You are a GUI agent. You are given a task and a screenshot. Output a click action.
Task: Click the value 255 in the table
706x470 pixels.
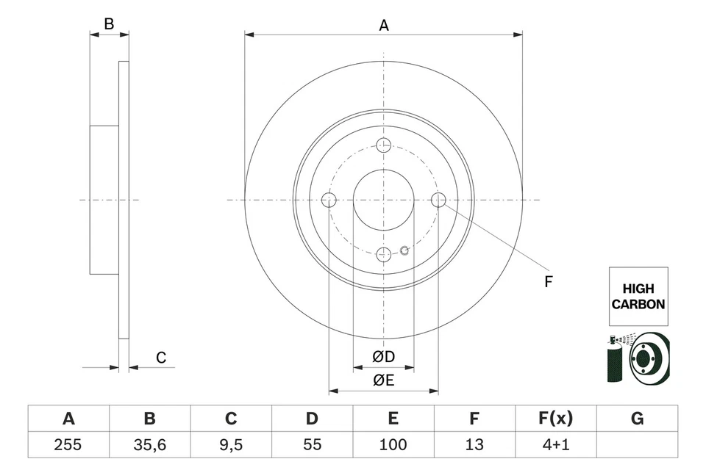coord(68,444)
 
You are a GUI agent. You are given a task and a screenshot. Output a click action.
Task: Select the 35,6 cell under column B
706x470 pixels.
coord(149,444)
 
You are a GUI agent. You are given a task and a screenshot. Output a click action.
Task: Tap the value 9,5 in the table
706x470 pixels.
coord(231,444)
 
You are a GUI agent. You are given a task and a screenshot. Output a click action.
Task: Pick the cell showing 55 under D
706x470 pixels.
coord(312,444)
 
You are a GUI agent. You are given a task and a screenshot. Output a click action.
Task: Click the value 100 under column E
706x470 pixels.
coord(393,444)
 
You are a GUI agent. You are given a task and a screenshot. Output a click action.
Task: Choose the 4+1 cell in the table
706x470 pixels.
coord(555,444)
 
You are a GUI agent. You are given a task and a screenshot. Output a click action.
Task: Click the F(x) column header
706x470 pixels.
coord(555,419)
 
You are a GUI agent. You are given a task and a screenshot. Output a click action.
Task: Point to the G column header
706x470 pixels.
coord(637,419)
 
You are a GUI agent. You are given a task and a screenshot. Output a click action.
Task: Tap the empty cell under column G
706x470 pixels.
coord(637,444)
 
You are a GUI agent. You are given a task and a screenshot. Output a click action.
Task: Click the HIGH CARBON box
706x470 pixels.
coord(638,296)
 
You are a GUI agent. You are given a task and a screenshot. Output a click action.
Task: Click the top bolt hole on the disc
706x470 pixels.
coord(383,145)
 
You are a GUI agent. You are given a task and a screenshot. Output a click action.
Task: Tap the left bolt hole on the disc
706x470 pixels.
coord(329,200)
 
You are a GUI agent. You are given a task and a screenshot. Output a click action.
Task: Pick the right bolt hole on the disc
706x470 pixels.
coord(438,200)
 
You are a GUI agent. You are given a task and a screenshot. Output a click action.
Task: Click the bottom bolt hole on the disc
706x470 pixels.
coord(383,254)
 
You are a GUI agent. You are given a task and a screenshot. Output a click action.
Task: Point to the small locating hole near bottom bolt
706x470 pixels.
coord(404,250)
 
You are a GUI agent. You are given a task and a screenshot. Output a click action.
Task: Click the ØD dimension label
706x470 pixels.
coord(383,357)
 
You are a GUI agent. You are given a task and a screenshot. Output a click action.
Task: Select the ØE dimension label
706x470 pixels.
coord(383,380)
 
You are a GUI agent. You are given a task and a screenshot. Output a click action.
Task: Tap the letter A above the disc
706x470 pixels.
coord(383,25)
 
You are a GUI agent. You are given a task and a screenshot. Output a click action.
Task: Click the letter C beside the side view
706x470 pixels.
coord(161,358)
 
